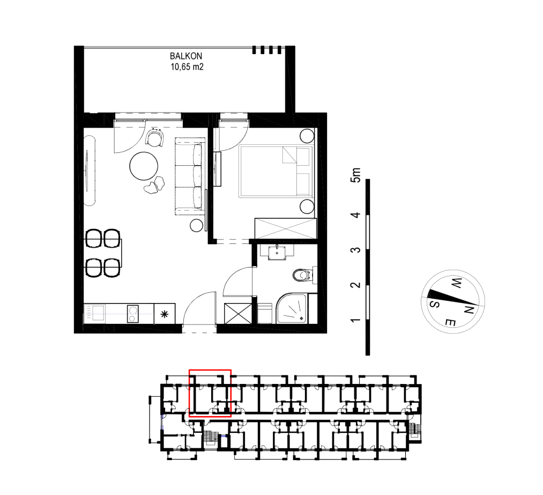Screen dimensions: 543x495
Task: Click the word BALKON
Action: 186,56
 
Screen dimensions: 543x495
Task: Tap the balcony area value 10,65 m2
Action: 187,67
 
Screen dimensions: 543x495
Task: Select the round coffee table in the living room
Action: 144,166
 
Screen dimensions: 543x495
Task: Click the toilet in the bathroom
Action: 301,275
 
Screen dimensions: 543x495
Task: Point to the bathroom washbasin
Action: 277,252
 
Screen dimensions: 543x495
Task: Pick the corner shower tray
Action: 291,309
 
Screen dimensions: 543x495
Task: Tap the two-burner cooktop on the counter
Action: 132,314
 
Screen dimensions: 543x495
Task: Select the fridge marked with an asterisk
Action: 165,314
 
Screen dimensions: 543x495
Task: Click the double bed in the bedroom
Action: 276,171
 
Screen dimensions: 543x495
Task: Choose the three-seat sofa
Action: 190,176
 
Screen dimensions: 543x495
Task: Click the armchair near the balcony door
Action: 155,137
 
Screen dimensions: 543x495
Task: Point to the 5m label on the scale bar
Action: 355,175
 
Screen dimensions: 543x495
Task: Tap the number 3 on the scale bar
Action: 355,250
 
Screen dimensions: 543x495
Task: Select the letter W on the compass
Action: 457,283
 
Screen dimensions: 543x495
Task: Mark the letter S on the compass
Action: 435,304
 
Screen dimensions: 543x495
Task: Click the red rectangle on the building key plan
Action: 210,394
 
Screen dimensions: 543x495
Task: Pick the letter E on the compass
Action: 450,323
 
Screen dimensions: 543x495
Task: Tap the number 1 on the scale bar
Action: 355,320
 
